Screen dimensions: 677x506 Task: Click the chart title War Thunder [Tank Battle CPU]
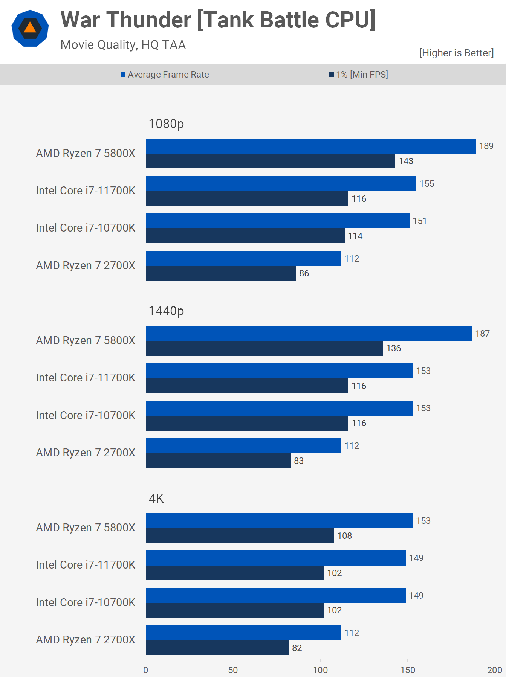tap(218, 20)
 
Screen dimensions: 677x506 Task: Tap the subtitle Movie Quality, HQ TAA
tap(123, 45)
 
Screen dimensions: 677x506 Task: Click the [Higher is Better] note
tap(456, 53)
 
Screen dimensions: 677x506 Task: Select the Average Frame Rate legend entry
tap(165, 75)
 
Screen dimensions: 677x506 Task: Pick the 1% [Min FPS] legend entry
tap(359, 75)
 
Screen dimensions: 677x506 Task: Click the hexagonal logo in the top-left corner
tap(30, 29)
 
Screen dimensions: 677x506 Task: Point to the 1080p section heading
tap(166, 124)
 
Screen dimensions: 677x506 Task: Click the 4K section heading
tap(156, 499)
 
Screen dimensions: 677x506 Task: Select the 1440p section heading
tap(166, 311)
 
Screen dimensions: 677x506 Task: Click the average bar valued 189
tap(311, 146)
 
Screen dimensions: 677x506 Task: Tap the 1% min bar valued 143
tap(271, 161)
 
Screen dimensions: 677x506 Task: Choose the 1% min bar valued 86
tap(221, 273)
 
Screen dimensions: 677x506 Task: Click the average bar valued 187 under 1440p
tap(309, 333)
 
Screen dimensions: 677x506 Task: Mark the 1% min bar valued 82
tap(217, 648)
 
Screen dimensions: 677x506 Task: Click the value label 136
tap(394, 348)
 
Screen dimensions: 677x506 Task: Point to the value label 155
tap(427, 184)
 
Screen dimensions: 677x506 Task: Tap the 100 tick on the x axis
tap(320, 670)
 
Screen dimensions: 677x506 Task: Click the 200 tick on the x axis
tap(494, 670)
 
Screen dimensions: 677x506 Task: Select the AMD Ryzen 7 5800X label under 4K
tap(86, 528)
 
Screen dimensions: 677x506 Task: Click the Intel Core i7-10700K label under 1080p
tap(86, 228)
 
